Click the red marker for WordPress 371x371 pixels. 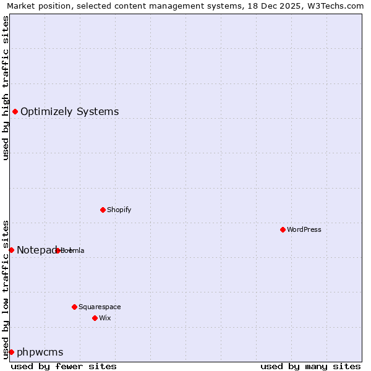point(283,229)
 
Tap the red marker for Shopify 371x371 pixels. point(103,210)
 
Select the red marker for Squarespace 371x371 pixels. point(74,307)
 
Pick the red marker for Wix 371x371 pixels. point(95,318)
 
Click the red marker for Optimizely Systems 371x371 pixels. point(15,111)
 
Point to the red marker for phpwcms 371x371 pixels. point(11,352)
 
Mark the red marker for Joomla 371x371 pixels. point(58,250)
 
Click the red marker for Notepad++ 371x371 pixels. point(11,250)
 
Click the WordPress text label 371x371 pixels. point(304,229)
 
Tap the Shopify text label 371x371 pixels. point(119,210)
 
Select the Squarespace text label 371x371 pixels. point(100,307)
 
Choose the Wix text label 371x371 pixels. point(104,318)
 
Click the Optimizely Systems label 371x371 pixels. point(70,111)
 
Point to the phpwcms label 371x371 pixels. point(40,352)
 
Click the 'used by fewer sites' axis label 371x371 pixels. point(64,366)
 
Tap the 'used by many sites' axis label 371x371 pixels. point(310,366)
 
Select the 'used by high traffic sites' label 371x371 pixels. point(6,88)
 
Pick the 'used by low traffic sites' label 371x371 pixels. point(6,289)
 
